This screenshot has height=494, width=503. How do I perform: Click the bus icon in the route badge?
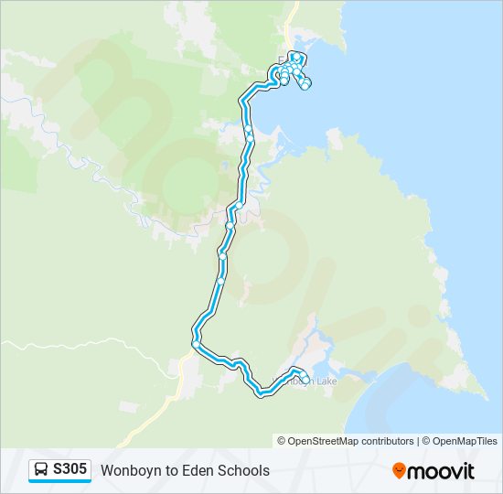(x=42, y=470)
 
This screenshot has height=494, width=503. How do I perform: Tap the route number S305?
(x=70, y=469)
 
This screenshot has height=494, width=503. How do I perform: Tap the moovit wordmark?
(x=441, y=470)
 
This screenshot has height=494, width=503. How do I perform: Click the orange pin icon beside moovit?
(x=399, y=470)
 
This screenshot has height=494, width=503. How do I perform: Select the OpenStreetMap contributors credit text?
(x=350, y=441)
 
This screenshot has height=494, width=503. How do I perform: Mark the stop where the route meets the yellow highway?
(x=196, y=343)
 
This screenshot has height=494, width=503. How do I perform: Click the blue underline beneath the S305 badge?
(x=60, y=481)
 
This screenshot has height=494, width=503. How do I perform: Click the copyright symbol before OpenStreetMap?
(x=282, y=441)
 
